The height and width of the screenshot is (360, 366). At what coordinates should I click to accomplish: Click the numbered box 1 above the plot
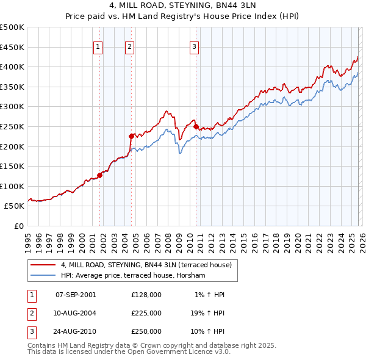pos(99,45)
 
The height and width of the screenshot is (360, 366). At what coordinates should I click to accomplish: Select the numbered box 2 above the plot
pos(130,45)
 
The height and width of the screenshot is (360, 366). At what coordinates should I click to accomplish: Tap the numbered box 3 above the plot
pos(194,45)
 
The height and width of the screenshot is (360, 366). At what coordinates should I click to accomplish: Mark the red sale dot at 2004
pos(131,136)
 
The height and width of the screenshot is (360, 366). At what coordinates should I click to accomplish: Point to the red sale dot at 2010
pos(196,127)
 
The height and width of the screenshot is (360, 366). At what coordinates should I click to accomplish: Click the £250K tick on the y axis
pos(13,126)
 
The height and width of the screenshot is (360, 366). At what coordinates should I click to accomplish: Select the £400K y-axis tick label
pos(13,67)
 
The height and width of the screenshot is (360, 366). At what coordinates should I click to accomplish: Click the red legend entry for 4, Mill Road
pos(146,265)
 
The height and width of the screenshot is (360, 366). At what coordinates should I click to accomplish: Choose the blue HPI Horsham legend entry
pos(133,276)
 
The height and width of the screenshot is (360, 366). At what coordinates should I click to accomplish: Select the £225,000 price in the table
pos(146,313)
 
